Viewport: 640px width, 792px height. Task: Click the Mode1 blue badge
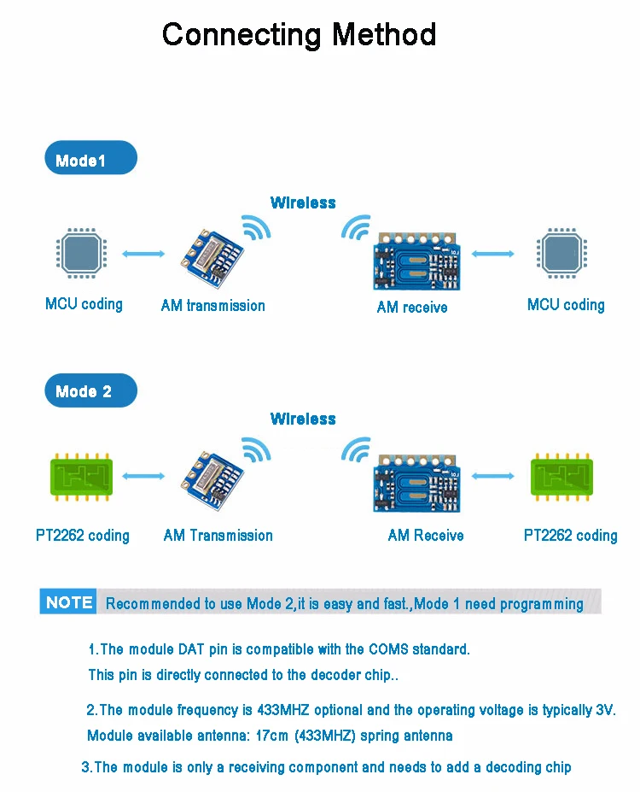pos(90,157)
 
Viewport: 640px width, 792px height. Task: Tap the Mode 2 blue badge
pos(90,390)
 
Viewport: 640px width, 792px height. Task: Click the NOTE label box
pos(68,601)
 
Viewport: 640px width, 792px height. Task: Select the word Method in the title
pos(384,34)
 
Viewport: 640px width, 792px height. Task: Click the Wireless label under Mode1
pos(303,202)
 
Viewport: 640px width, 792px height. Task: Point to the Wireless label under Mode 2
pos(303,419)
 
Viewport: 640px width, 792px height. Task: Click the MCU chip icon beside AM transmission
pos(81,253)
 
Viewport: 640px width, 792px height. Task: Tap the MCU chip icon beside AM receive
pos(561,253)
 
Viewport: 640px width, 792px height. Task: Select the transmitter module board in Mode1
pos(212,258)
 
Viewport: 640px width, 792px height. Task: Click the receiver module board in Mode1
pos(416,261)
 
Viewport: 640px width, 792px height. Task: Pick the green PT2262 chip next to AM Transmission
pos(81,477)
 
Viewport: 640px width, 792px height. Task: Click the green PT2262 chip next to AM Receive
pos(561,477)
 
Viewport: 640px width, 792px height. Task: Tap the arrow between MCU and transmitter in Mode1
pos(143,254)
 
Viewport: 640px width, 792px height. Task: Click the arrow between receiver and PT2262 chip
pos(492,476)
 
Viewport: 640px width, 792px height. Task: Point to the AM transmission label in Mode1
pos(212,306)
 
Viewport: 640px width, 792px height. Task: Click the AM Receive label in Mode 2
pos(426,536)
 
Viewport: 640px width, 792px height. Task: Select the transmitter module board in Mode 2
pos(212,480)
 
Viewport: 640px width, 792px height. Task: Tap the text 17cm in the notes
pos(272,736)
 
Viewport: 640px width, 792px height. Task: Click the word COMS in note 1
pos(388,649)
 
